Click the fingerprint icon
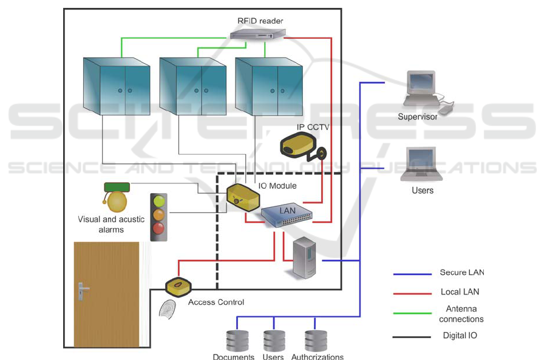pos(168,309)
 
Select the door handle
pos(83,290)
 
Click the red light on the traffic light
pos(159,229)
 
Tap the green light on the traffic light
pos(159,200)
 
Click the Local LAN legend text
pos(460,292)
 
